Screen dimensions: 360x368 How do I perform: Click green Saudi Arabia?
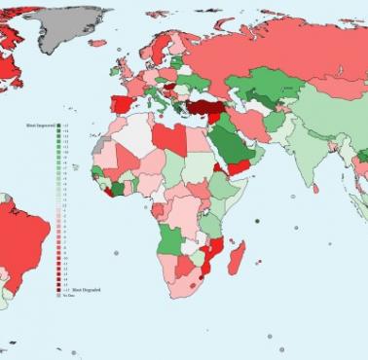(232, 146)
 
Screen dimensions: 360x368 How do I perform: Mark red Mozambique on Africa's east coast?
(214, 255)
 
